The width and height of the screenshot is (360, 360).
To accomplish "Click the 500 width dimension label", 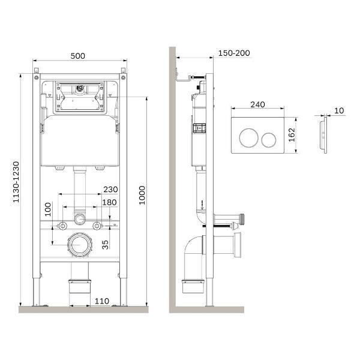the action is coord(78,56).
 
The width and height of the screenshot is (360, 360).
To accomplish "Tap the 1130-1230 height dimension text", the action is coord(16,182).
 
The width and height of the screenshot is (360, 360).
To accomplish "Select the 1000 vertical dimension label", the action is coord(142,196).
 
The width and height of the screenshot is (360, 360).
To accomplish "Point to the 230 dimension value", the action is coord(110,190).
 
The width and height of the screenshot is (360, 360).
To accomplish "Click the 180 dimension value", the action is coord(109,202).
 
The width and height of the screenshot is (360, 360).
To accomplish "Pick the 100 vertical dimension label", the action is coord(48,209).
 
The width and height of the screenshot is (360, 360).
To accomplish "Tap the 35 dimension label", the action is coord(105,245).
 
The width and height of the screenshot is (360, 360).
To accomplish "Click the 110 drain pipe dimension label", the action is coord(102,301).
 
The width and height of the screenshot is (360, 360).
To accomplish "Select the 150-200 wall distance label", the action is coord(234,53).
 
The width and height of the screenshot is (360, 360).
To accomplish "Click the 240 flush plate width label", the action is coord(257,104).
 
